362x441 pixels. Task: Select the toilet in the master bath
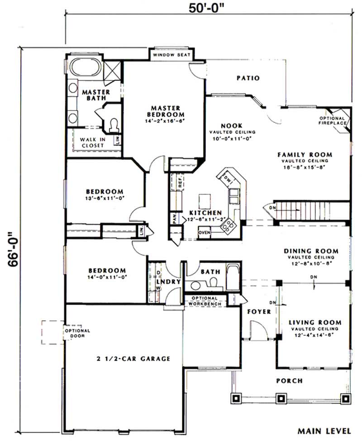pyautogui.click(x=114, y=123)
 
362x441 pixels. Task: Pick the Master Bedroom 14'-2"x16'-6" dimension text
pyautogui.click(x=166, y=122)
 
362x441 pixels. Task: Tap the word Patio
pyautogui.click(x=248, y=78)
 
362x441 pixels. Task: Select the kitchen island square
pyautogui.click(x=205, y=200)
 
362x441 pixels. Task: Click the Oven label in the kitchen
pyautogui.click(x=205, y=233)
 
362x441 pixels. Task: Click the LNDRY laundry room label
pyautogui.click(x=168, y=282)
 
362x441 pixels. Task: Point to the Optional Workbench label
pyautogui.click(x=205, y=301)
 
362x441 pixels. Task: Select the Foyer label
pyautogui.click(x=259, y=312)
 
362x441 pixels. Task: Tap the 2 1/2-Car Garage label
pyautogui.click(x=133, y=359)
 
